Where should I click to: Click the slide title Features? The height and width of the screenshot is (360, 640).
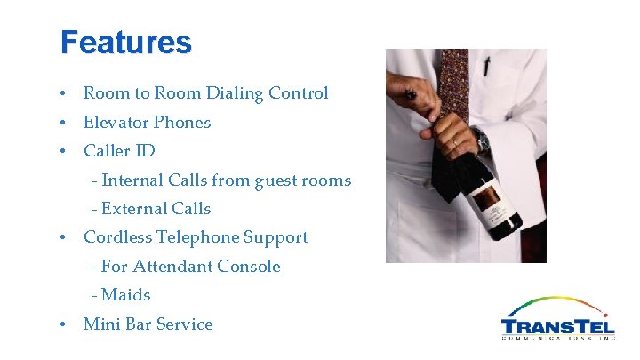(x=125, y=43)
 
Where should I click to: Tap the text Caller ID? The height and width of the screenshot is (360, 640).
(x=119, y=150)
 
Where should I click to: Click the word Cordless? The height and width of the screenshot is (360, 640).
(x=117, y=237)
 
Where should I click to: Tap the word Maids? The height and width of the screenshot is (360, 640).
(x=126, y=294)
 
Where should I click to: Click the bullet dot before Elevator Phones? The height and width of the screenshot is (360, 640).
(x=63, y=123)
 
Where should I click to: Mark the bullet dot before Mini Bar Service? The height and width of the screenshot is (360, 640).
(x=63, y=324)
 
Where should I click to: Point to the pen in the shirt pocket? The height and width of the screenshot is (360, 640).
(x=486, y=67)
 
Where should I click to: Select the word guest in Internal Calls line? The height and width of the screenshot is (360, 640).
(x=278, y=180)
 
